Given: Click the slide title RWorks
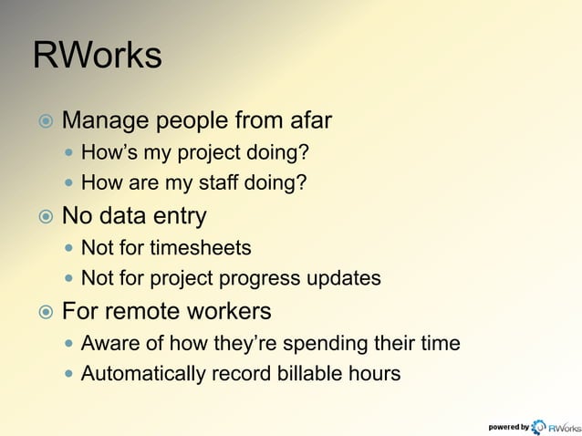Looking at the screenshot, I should point(97,56).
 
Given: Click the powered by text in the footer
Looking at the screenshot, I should point(508,426).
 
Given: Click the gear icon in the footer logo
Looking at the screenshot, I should point(538,426).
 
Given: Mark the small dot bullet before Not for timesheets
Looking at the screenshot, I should point(71,248).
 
